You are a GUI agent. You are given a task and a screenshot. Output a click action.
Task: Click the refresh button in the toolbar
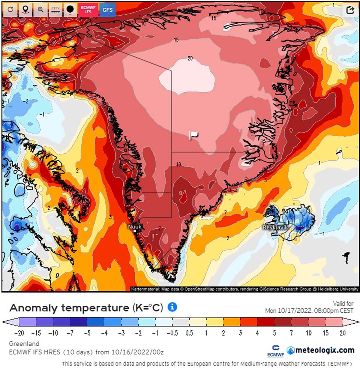tap(10, 10)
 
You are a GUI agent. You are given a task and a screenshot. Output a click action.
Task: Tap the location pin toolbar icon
tap(25, 10)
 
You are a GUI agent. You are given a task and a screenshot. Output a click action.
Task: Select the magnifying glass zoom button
tap(40, 10)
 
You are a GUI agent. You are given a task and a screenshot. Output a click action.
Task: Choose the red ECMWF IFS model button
tap(88, 10)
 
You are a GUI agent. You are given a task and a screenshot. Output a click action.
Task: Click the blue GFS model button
tap(107, 10)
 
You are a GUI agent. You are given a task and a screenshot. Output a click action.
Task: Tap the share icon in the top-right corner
tap(350, 10)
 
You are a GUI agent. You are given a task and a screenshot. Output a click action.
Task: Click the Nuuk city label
tap(135, 227)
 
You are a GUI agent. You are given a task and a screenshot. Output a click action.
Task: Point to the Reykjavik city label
tap(275, 227)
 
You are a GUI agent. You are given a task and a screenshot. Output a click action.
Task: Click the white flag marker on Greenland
tap(193, 135)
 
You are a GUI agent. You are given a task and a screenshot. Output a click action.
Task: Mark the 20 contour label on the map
tap(190, 58)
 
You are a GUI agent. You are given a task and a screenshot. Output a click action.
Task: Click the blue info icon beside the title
tap(172, 307)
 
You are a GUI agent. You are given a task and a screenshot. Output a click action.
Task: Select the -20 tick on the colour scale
tap(19, 333)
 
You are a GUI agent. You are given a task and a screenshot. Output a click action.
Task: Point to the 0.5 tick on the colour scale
tap(189, 333)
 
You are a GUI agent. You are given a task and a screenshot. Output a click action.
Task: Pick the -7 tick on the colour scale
tap(70, 333)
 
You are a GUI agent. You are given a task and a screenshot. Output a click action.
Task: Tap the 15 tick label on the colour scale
tap(325, 333)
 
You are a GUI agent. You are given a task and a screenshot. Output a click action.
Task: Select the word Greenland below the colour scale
tap(24, 344)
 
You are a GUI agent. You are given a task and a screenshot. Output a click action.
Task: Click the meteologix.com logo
tap(320, 350)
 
